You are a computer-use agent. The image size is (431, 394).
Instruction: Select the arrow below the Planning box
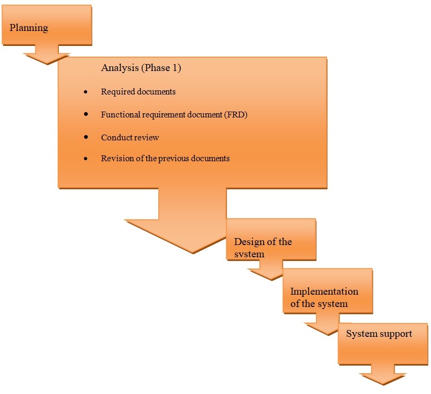click(48, 53)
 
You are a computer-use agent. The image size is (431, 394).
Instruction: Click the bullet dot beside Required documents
click(87, 92)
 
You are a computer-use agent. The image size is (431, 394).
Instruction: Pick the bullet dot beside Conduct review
click(87, 138)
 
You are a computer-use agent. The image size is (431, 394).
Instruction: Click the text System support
click(379, 334)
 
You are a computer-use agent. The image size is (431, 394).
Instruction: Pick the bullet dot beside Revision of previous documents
click(87, 159)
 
